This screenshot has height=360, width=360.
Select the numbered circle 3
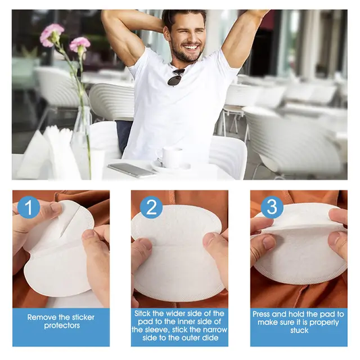(x=272, y=207)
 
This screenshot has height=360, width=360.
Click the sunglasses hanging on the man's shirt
(x=175, y=77)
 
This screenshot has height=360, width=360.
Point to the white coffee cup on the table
(x=172, y=157)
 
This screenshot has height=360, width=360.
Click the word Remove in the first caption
(x=41, y=316)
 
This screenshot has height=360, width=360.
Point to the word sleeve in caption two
(x=150, y=330)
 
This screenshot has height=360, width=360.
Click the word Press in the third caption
(x=263, y=314)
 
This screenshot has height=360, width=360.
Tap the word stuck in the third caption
(x=299, y=330)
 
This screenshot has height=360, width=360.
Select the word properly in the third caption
(x=320, y=322)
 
